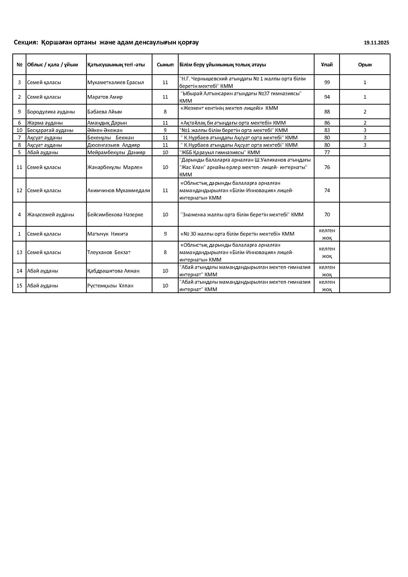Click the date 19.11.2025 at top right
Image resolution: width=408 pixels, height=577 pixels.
(x=376, y=43)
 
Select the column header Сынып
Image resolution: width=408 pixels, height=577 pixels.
(x=165, y=65)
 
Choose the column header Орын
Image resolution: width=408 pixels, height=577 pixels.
(x=365, y=65)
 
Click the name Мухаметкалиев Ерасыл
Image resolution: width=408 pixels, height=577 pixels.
(x=115, y=82)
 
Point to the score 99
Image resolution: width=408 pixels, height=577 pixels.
(x=327, y=82)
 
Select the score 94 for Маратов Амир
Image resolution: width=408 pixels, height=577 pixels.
(x=327, y=97)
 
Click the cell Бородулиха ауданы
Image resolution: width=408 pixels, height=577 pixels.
(x=51, y=112)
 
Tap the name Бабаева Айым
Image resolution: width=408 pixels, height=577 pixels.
(x=105, y=112)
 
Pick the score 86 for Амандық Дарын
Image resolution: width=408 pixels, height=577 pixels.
(x=327, y=123)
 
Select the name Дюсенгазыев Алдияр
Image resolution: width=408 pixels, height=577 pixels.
(x=113, y=145)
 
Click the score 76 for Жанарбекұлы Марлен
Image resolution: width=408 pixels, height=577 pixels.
(x=327, y=167)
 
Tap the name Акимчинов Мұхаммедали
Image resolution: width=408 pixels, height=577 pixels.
(x=119, y=190)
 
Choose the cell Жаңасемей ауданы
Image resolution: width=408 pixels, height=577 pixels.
(x=51, y=215)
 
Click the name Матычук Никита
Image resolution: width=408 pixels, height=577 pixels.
(x=108, y=234)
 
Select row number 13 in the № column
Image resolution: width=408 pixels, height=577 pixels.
(x=19, y=252)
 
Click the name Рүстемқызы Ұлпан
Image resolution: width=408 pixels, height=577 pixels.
(x=110, y=286)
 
